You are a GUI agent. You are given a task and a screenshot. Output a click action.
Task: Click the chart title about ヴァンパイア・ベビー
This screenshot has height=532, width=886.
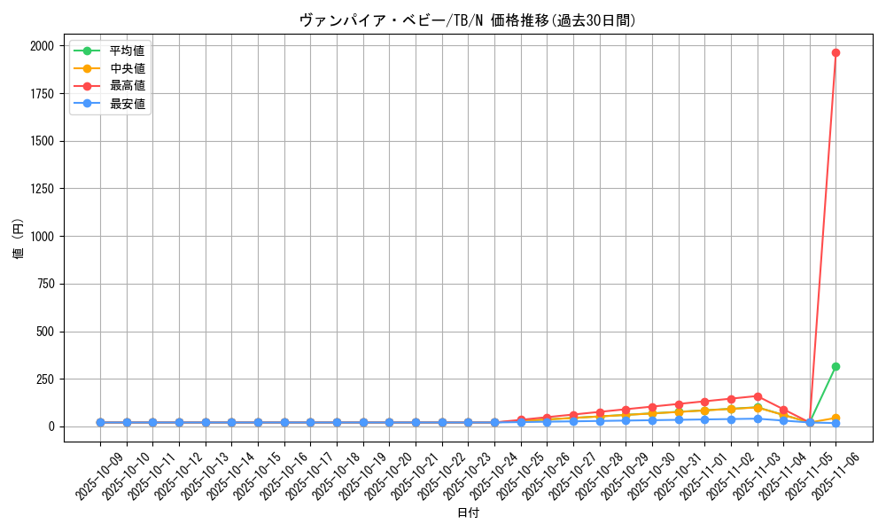click(467, 20)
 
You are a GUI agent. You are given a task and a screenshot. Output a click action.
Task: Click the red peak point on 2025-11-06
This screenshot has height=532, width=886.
click(835, 52)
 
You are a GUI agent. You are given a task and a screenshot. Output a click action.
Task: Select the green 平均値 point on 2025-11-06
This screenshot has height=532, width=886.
click(835, 366)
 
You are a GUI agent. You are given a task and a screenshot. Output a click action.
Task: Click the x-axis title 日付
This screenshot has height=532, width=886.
click(468, 513)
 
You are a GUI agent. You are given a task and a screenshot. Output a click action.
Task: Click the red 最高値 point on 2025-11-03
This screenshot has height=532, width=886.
click(758, 396)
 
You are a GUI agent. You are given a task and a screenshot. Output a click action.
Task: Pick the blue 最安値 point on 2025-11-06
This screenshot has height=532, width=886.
click(835, 424)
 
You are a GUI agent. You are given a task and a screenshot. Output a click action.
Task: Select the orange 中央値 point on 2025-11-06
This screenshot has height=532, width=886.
click(835, 418)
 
